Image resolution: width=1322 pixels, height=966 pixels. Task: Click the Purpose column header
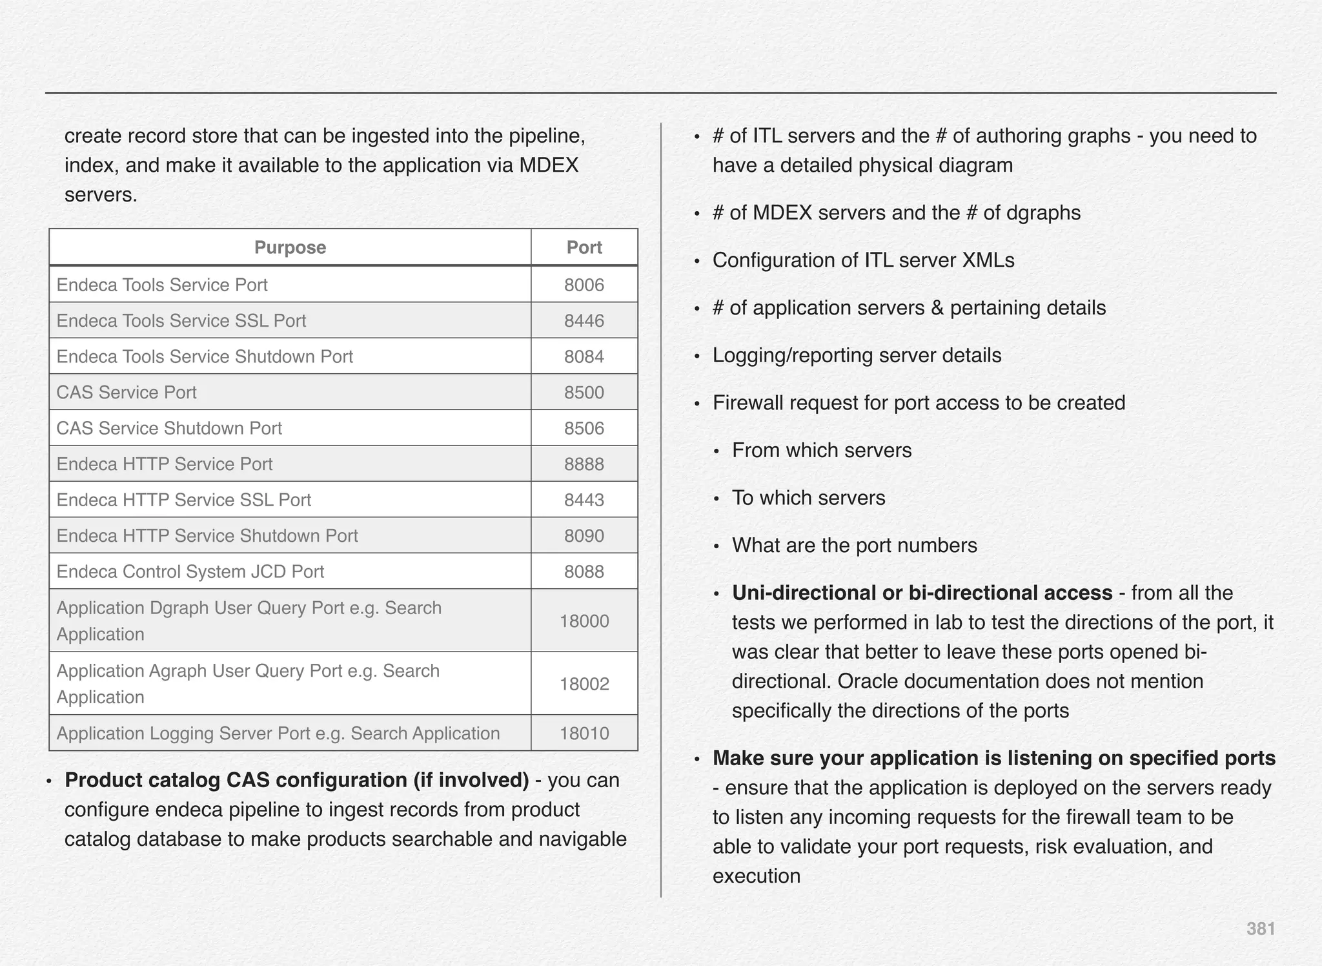pos(290,247)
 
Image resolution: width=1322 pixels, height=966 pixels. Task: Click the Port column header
pos(584,247)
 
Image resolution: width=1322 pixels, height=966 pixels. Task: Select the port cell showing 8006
pos(584,285)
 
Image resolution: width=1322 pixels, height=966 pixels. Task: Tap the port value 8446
pos(584,321)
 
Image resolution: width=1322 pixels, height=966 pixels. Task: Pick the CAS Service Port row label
pos(127,393)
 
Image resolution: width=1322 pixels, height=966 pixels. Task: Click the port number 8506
pos(584,428)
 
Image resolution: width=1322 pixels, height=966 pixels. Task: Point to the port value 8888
pos(584,464)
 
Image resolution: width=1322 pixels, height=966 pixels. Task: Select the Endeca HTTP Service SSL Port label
pos(184,500)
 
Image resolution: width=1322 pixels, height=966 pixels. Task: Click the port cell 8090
pos(584,536)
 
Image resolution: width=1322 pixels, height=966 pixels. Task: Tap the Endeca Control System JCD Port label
pos(190,571)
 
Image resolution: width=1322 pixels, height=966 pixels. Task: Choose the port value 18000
pos(584,621)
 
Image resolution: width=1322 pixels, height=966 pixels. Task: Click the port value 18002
pos(584,684)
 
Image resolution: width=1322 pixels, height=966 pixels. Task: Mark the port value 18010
pos(584,734)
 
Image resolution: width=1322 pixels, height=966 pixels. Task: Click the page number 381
pos(1260,929)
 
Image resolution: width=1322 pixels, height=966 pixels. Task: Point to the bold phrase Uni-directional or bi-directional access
pos(922,593)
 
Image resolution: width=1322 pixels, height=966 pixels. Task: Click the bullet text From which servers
pos(822,450)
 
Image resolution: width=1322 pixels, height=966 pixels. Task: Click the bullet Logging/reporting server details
pos(857,355)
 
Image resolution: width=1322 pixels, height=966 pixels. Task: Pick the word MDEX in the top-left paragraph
pos(549,165)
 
